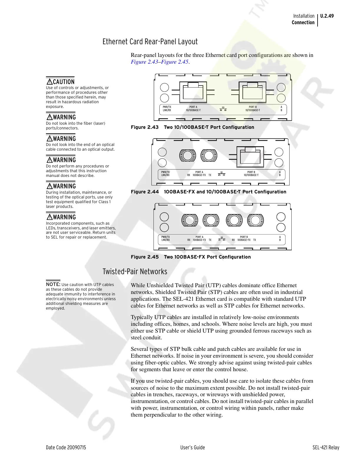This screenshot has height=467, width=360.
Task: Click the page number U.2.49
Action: (327, 16)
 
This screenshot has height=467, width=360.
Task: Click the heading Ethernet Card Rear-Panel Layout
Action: (150, 42)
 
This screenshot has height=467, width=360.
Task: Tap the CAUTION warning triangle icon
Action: (49, 82)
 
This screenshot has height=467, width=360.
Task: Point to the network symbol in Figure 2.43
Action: (223, 109)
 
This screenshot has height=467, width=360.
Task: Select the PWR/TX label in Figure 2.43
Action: (167, 107)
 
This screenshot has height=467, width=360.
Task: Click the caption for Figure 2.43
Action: (192, 127)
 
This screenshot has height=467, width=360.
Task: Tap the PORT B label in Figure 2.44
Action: (251, 172)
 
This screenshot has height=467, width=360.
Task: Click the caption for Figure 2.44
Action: (208, 192)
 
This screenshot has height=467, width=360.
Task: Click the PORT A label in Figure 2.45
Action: (199, 237)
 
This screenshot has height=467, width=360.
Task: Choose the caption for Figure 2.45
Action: (191, 257)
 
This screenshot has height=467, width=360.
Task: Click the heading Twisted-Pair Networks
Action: (135, 272)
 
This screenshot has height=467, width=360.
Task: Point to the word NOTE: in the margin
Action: (53, 285)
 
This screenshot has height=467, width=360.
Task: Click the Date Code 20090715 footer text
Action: (66, 448)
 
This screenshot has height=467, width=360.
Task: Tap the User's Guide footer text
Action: (192, 448)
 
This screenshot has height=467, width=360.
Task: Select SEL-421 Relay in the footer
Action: (326, 448)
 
